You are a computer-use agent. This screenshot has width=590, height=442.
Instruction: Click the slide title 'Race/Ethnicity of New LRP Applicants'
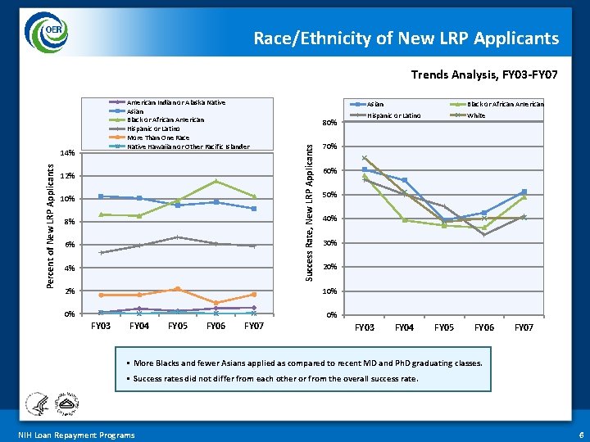coord(406,38)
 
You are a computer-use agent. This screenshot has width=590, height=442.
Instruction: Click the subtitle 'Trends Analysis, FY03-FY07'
coord(484,75)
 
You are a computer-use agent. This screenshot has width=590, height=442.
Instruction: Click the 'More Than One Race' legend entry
coord(158,138)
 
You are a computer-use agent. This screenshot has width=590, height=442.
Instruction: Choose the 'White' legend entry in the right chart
coord(476,115)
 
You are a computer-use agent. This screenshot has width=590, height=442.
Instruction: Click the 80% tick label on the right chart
coord(328,124)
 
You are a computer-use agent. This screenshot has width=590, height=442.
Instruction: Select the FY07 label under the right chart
coord(524,327)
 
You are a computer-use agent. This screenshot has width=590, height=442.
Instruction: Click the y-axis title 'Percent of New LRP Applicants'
coord(50,223)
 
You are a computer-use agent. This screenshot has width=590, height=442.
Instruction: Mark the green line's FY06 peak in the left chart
coord(216,181)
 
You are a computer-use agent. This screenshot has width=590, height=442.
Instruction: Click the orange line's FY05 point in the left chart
coord(177,289)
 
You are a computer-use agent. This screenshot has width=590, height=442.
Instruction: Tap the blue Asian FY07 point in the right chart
coord(524,192)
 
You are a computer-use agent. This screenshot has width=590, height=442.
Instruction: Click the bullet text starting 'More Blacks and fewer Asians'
coord(307,363)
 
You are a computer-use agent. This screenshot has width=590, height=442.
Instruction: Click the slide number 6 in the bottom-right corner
coord(580,435)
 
